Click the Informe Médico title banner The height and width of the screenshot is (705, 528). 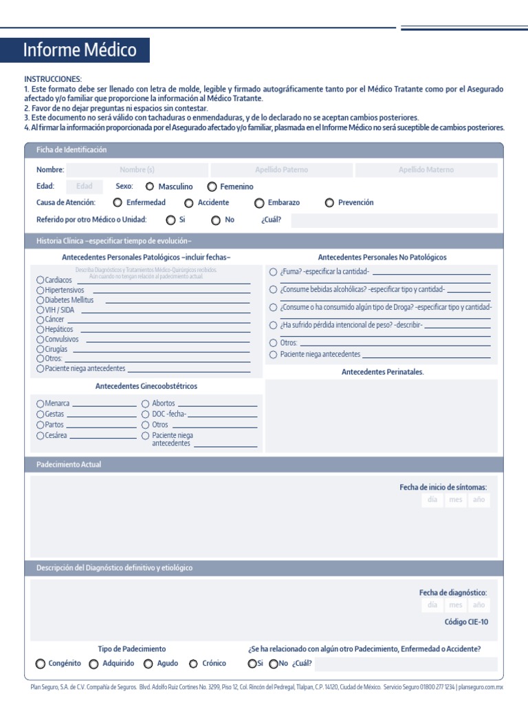tap(80, 50)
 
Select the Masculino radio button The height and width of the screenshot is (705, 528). tap(150, 187)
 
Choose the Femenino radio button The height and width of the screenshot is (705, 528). tap(212, 187)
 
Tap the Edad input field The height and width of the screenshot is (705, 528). tap(85, 187)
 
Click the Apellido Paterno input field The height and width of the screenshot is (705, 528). tap(281, 170)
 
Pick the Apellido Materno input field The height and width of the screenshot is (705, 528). tap(426, 170)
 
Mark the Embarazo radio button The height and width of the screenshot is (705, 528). tap(259, 203)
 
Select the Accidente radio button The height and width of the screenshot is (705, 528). tap(189, 203)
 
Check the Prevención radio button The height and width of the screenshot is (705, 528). tap(329, 203)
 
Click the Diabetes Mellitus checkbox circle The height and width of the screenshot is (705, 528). tap(41, 300)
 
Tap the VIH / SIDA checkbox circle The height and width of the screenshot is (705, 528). tap(41, 311)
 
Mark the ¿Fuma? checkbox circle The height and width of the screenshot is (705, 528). tap(274, 272)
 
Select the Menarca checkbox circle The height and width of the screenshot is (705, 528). tap(41, 403)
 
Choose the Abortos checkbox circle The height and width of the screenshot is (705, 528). tap(146, 403)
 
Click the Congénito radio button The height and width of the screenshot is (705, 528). tap(41, 664)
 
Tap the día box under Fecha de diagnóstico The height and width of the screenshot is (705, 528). tap(432, 605)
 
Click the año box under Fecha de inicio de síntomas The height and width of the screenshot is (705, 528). tap(478, 501)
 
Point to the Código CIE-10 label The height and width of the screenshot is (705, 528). tap(466, 622)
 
